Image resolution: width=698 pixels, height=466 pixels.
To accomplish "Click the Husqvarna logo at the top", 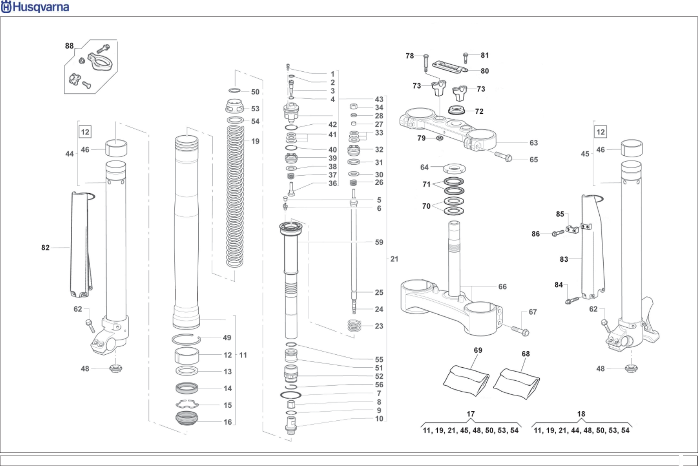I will [x=35, y=7].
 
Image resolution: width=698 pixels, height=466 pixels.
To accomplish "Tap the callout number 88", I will [x=69, y=46].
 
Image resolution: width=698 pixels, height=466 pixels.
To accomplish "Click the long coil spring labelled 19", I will [x=235, y=196].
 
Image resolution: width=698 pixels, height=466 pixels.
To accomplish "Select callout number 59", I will [x=379, y=242].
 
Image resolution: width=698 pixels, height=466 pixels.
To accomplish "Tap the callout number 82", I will [x=45, y=247].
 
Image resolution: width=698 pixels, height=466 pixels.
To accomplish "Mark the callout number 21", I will [x=394, y=259].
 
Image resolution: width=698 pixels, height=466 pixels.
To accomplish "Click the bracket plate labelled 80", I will [x=450, y=67].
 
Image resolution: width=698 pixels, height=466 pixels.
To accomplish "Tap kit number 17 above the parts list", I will [x=471, y=414].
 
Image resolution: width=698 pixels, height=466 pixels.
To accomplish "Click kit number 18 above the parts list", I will [x=581, y=414].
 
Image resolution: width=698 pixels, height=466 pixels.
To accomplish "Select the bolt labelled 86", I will [x=557, y=233].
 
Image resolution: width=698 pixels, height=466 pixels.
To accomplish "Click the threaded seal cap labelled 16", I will [x=187, y=418].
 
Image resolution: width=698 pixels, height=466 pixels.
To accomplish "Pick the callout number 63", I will [x=533, y=143].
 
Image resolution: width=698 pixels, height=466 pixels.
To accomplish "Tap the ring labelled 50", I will [x=234, y=90].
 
